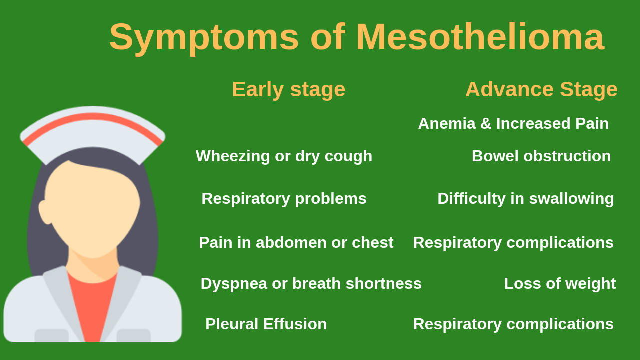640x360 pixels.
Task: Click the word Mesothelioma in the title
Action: pyautogui.click(x=480, y=37)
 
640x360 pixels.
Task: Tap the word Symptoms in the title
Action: pyautogui.click(x=204, y=39)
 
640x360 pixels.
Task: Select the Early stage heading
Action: pyautogui.click(x=289, y=89)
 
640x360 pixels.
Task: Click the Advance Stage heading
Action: pyautogui.click(x=541, y=89)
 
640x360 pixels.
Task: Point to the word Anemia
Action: pyautogui.click(x=447, y=123)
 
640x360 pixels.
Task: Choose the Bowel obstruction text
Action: pyautogui.click(x=541, y=156)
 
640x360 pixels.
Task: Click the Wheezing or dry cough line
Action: pyautogui.click(x=284, y=157)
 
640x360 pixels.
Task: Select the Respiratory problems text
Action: pyautogui.click(x=284, y=199)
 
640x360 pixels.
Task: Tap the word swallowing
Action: pyautogui.click(x=571, y=199)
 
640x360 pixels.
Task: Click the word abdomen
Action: pyautogui.click(x=291, y=242)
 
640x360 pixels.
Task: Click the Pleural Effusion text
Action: pyautogui.click(x=266, y=324)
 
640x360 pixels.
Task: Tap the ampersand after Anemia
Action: pyautogui.click(x=486, y=123)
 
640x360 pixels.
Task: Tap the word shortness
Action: pyautogui.click(x=383, y=283)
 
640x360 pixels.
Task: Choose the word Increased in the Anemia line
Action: pyautogui.click(x=533, y=123)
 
